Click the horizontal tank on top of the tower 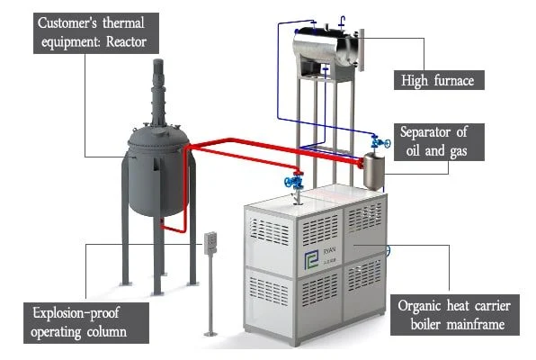click(x=326, y=43)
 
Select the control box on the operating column click(x=211, y=241)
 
